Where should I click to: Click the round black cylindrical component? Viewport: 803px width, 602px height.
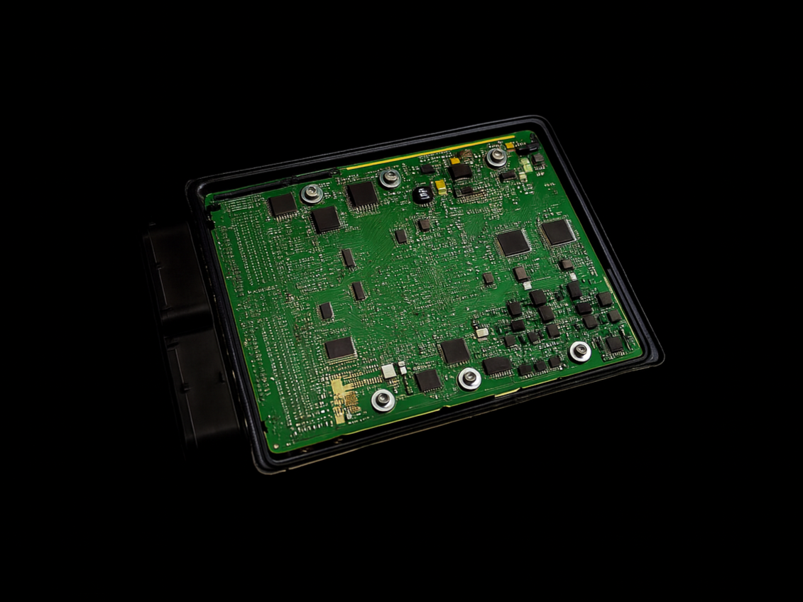(421, 194)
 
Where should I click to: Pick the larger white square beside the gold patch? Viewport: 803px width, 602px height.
(388, 371)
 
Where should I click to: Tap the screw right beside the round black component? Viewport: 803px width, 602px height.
(389, 178)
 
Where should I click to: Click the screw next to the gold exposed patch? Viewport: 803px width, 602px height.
(383, 400)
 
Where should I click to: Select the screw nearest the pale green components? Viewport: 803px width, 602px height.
(496, 158)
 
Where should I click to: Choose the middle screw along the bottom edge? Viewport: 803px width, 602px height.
(469, 378)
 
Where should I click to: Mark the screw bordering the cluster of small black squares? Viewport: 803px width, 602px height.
(580, 350)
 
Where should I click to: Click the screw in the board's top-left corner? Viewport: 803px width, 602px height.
(311, 192)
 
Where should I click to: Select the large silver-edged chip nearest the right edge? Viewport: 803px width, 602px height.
(557, 232)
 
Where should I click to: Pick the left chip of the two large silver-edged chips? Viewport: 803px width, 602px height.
(513, 243)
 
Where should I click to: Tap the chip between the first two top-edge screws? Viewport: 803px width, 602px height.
(362, 194)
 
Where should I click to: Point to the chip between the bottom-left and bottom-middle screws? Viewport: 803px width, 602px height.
(428, 381)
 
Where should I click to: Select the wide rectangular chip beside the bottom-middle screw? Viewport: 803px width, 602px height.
(497, 366)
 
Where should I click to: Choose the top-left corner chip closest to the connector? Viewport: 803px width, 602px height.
(282, 205)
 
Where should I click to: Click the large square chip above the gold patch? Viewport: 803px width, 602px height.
(340, 348)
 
